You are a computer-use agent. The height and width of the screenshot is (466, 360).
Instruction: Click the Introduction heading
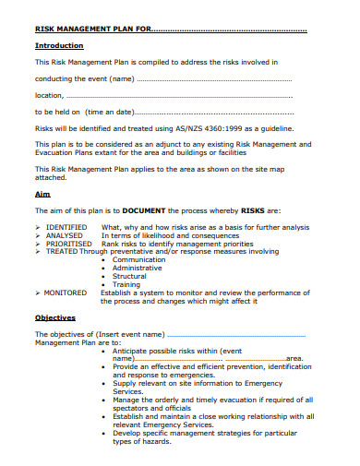coord(59,45)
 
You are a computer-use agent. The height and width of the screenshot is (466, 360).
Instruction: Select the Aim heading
coord(42,195)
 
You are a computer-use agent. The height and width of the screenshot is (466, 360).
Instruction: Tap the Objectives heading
coord(54,317)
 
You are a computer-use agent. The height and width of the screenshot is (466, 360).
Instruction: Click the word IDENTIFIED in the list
coord(66,227)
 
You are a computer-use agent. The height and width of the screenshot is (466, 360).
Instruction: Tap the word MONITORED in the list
coord(66,292)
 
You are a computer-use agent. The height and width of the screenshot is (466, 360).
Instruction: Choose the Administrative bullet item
coord(139,268)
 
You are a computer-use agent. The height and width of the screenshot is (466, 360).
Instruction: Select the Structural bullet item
coord(129,276)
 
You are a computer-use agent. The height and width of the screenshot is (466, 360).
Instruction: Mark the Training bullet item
coord(126,284)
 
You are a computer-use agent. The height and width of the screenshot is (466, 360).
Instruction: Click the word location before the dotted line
coord(49,94)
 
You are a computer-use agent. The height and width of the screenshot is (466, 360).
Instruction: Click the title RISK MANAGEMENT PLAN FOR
coord(90,29)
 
